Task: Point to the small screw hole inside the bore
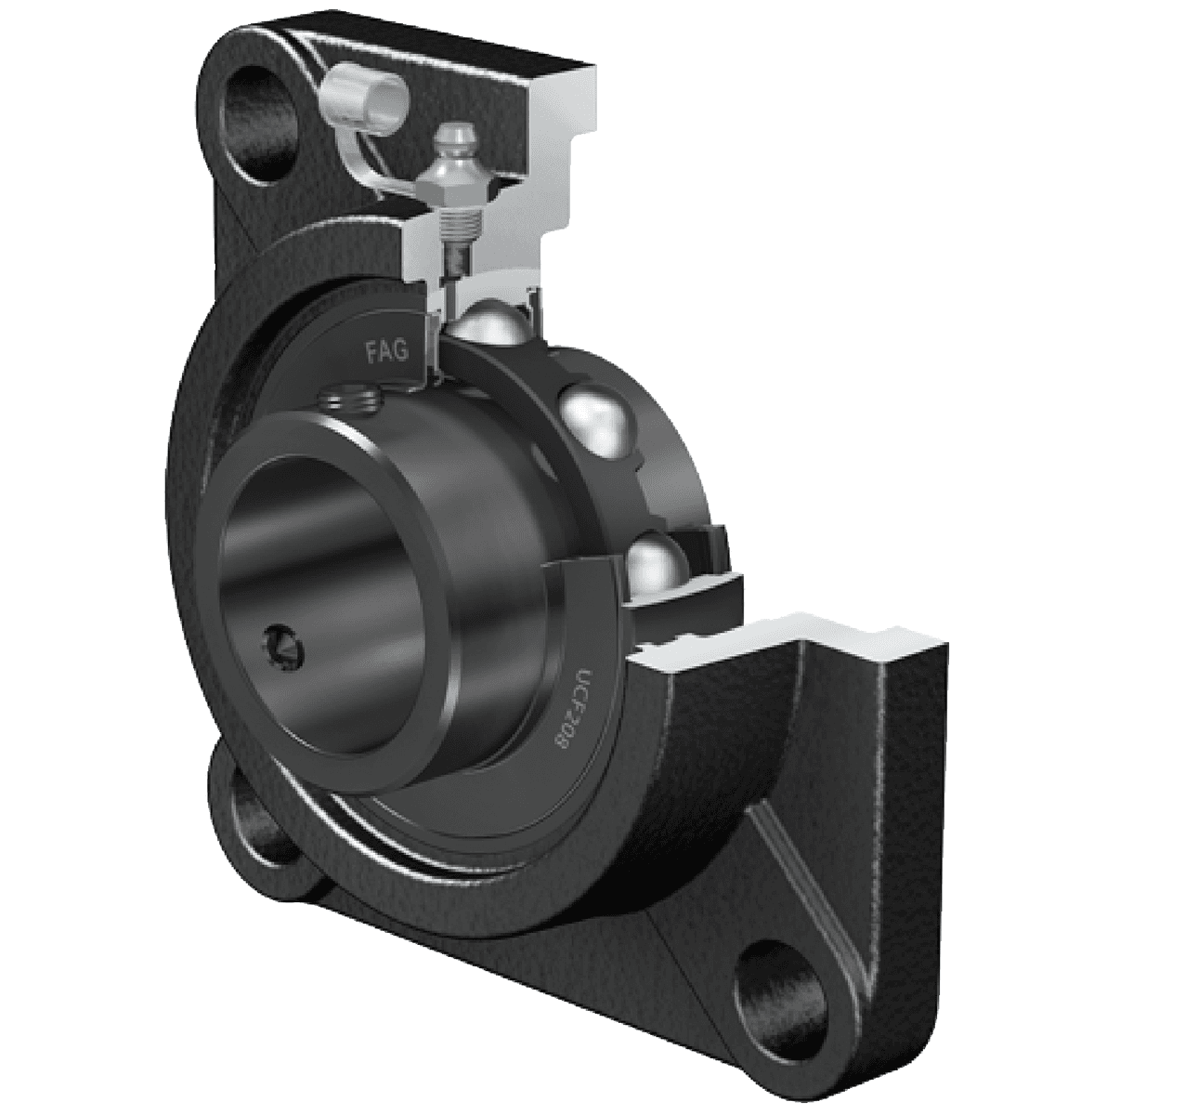(x=280, y=644)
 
